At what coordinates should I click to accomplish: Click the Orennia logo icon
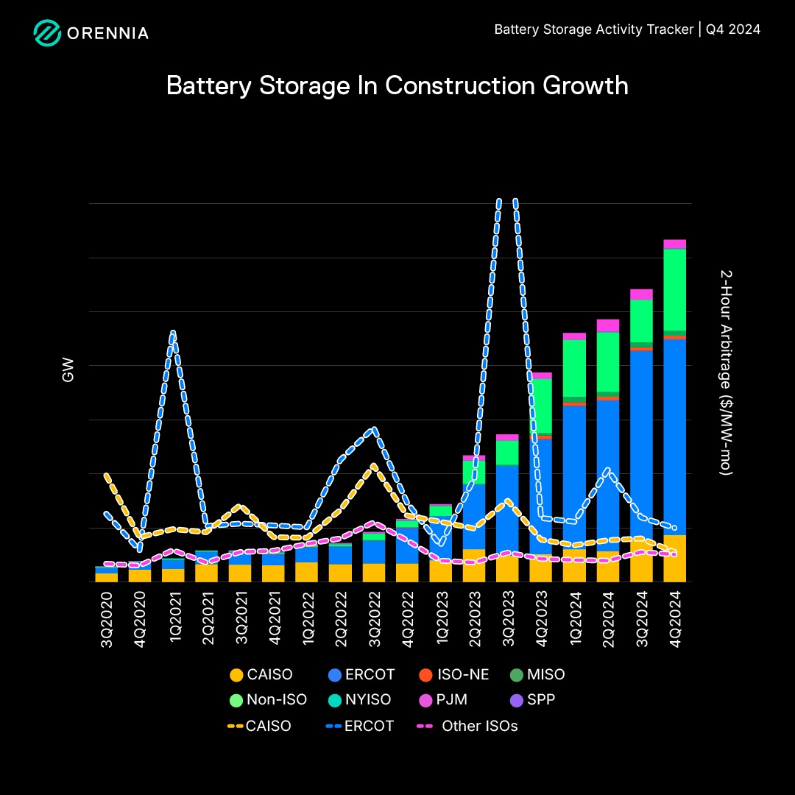pyautogui.click(x=47, y=33)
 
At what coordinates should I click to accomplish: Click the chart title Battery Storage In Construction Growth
pyautogui.click(x=397, y=85)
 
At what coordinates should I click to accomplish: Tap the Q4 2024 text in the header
pyautogui.click(x=733, y=29)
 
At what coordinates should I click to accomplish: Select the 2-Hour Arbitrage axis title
pyautogui.click(x=725, y=372)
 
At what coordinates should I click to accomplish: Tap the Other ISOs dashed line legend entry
pyautogui.click(x=467, y=726)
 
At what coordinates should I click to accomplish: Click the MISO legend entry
pyautogui.click(x=537, y=674)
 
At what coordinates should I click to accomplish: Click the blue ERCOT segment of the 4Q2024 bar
pyautogui.click(x=675, y=434)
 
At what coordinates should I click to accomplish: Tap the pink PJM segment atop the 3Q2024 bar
pyautogui.click(x=641, y=294)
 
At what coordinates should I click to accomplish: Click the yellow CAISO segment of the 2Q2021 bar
pyautogui.click(x=207, y=573)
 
